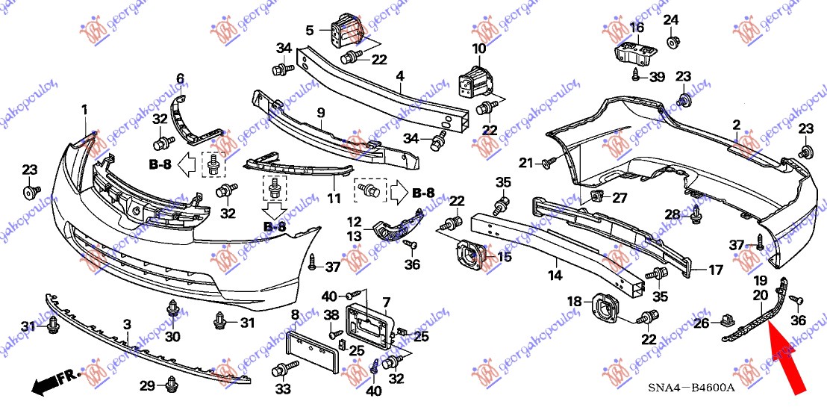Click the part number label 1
click(x=84, y=111)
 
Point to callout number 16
click(x=636, y=28)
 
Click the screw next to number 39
click(x=636, y=74)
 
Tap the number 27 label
click(x=620, y=198)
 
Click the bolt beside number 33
click(x=284, y=369)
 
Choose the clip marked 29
click(x=172, y=384)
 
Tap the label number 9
click(x=320, y=113)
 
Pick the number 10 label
click(x=478, y=49)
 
